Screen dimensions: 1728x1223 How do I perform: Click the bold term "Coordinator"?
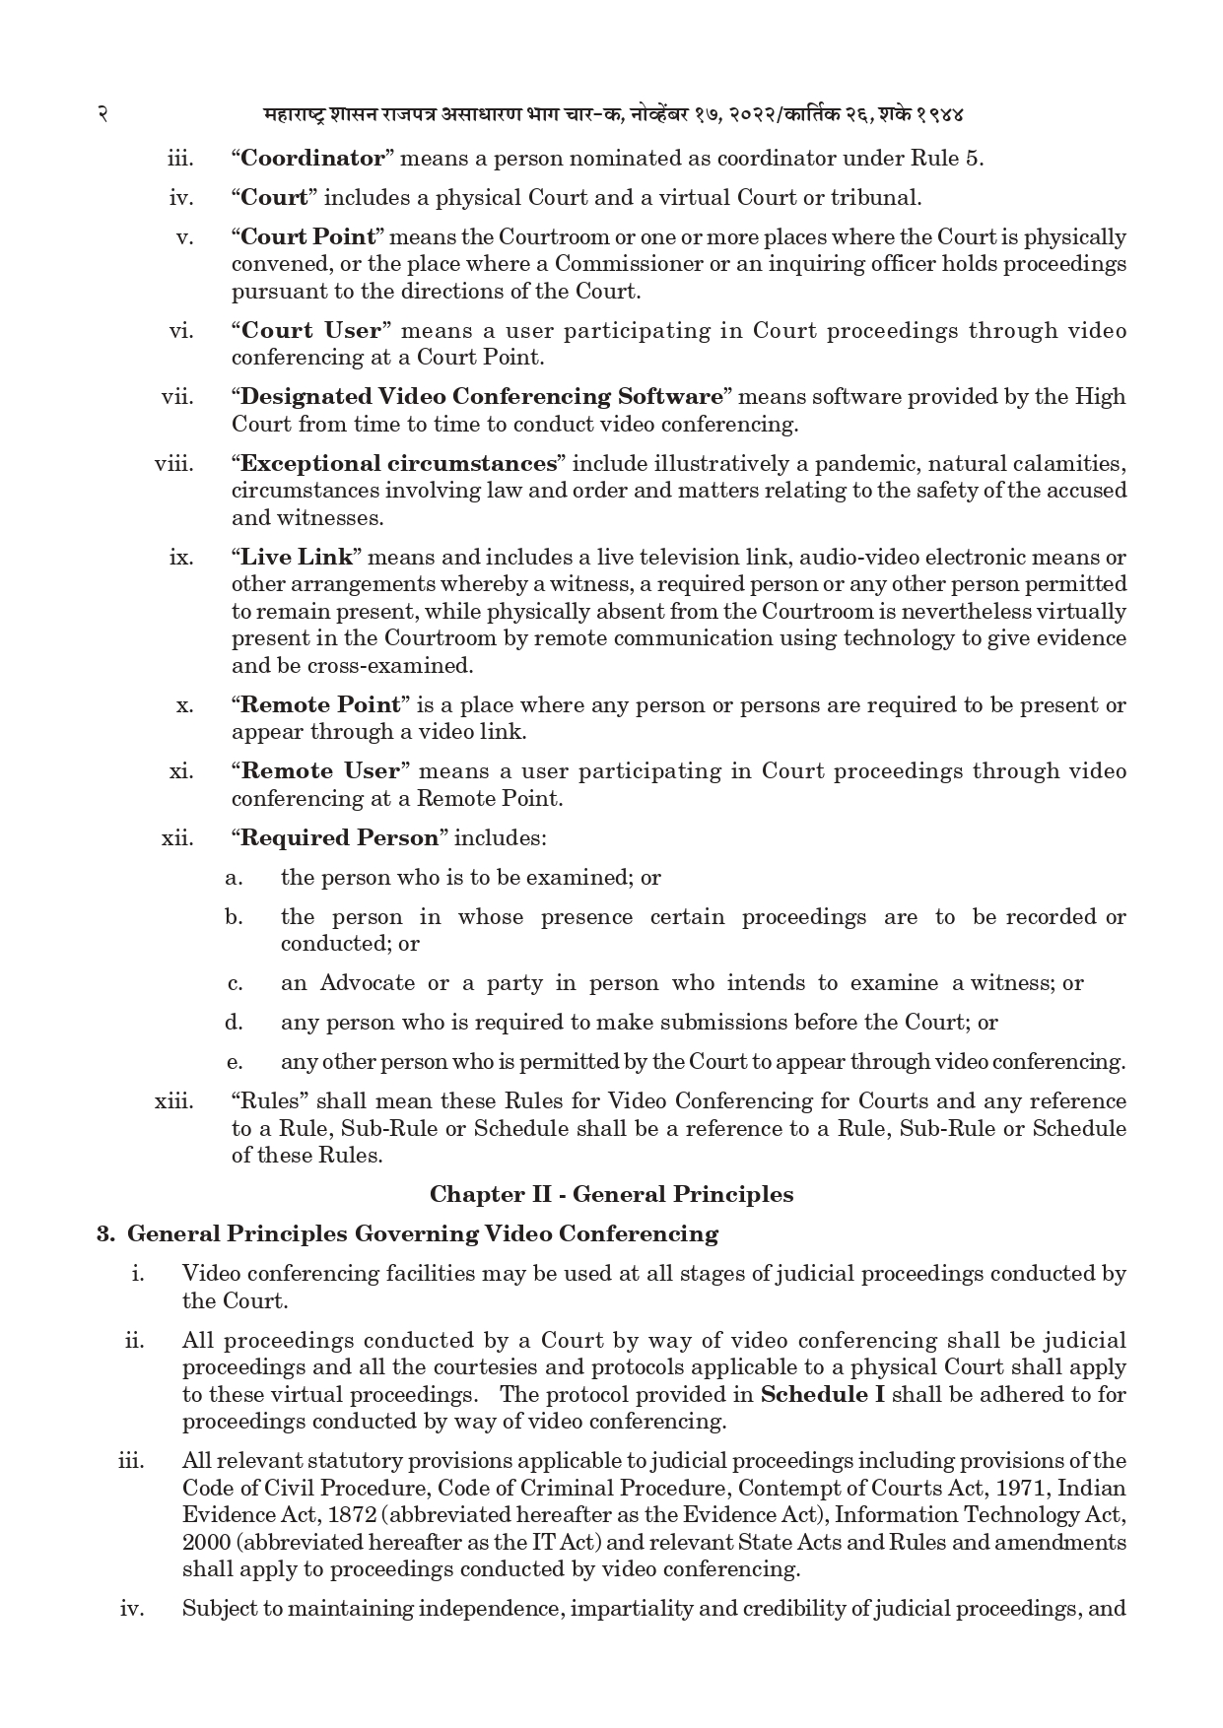point(312,159)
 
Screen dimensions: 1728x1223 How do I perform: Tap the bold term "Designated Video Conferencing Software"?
point(482,397)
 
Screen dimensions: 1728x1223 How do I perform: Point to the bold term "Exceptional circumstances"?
point(399,464)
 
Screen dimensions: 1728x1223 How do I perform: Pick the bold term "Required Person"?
point(339,838)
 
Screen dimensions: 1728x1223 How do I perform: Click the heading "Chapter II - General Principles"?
point(611,1195)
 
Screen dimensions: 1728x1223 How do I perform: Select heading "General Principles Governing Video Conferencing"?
point(423,1234)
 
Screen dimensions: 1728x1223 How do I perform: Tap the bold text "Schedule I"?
point(822,1395)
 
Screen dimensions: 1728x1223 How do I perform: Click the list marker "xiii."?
point(174,1101)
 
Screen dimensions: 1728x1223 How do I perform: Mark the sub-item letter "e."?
point(234,1062)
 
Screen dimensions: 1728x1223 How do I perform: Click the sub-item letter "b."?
point(234,917)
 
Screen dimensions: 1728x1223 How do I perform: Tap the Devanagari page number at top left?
point(102,114)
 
